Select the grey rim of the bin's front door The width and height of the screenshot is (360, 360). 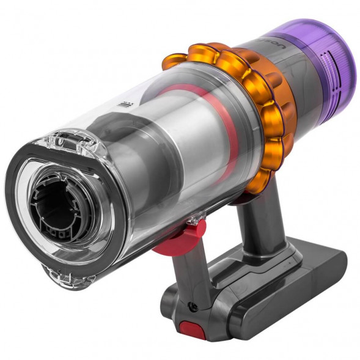tap(24, 202)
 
